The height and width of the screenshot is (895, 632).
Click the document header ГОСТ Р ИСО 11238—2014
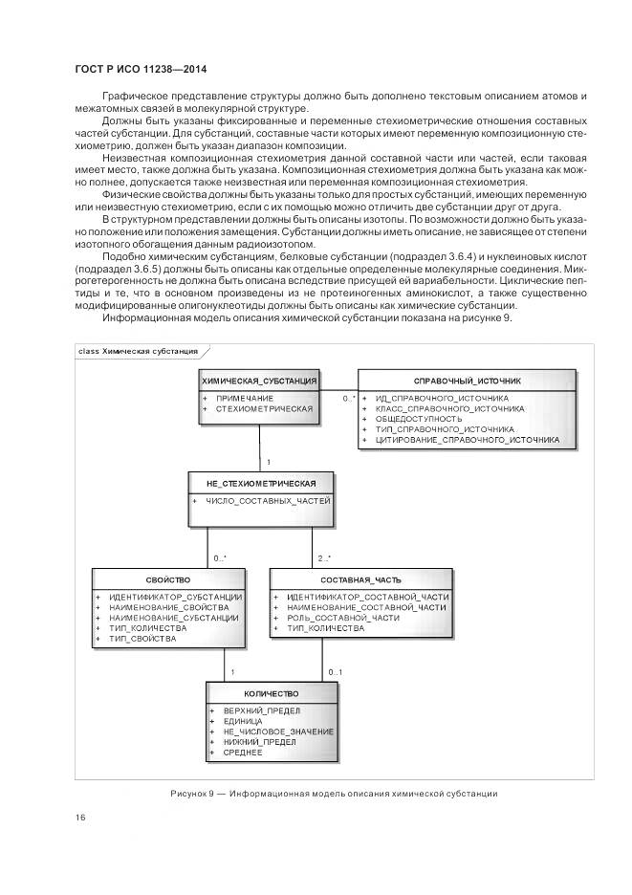(141, 70)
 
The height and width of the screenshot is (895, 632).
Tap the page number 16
(80, 816)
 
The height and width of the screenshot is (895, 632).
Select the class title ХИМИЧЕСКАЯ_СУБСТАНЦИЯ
(259, 381)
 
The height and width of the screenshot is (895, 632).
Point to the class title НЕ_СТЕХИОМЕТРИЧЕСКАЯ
(261, 482)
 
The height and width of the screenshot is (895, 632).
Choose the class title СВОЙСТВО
(168, 579)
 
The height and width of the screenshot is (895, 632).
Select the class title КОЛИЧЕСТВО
(271, 693)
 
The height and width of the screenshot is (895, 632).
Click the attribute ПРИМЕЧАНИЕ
(245, 398)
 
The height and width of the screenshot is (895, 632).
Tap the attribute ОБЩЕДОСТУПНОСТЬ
(419, 419)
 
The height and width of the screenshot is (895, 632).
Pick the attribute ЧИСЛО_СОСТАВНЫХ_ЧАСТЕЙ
(267, 500)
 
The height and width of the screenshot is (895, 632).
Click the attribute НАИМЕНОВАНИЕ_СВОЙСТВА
(169, 607)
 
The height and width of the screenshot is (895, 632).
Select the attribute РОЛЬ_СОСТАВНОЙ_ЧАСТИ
(342, 618)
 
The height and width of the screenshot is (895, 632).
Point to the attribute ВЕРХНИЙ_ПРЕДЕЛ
(262, 711)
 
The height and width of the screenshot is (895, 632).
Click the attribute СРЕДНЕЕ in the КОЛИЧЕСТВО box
(243, 753)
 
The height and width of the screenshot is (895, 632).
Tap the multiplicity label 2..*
(324, 557)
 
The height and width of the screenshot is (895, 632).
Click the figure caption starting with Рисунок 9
(335, 793)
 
